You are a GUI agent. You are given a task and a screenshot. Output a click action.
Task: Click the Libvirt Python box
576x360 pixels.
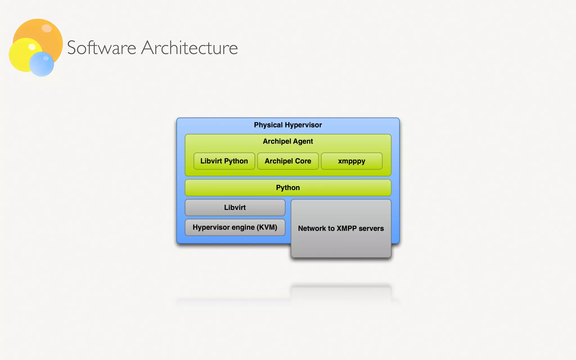click(x=224, y=161)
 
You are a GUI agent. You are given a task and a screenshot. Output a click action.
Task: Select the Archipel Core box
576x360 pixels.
click(x=288, y=161)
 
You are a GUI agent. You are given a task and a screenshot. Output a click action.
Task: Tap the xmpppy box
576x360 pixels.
click(x=352, y=161)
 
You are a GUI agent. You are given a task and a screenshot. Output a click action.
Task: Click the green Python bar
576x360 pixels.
click(x=288, y=188)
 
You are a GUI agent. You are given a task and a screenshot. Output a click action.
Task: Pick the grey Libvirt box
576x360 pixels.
click(x=235, y=208)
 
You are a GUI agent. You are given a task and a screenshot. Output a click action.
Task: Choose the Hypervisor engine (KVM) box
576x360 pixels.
click(x=235, y=227)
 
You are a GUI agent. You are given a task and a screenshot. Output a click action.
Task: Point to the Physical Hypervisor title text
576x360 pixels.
click(x=288, y=125)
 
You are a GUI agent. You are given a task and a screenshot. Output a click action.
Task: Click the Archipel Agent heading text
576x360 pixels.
click(x=288, y=141)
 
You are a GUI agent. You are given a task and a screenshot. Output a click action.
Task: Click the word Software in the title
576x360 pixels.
click(x=102, y=48)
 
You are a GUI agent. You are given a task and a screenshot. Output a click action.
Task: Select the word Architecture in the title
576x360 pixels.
click(x=189, y=48)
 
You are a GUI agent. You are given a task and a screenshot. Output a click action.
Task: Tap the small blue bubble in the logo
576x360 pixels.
click(x=42, y=64)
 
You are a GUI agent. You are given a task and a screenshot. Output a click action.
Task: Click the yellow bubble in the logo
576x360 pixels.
click(x=20, y=56)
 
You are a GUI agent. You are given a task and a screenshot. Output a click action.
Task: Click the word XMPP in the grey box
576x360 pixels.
click(x=346, y=228)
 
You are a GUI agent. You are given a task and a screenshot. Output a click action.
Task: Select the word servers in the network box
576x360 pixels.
click(x=371, y=228)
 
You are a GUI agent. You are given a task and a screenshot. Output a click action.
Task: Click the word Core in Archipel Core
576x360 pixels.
click(x=303, y=161)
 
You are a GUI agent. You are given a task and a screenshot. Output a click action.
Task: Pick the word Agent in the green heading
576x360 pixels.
click(x=303, y=141)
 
